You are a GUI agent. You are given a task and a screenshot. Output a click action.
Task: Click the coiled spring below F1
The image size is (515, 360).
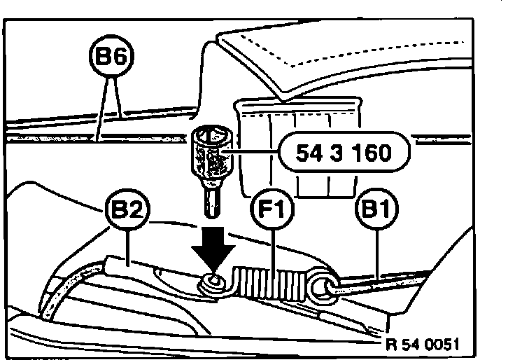coord(273,286)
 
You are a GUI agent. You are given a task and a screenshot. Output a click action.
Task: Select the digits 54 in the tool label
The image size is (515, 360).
coord(306,153)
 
